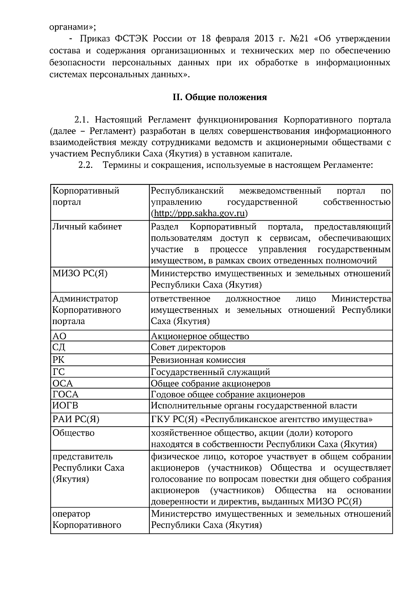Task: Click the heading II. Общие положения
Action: (x=220, y=97)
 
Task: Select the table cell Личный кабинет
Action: (x=87, y=227)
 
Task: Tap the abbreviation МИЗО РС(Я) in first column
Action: (x=80, y=273)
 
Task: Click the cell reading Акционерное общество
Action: (x=200, y=336)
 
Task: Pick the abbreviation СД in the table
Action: (x=59, y=347)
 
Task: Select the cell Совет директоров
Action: (x=188, y=347)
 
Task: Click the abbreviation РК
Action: (x=59, y=360)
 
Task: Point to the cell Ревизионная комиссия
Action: (x=198, y=360)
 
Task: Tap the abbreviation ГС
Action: (x=59, y=372)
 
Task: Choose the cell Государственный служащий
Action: (x=210, y=372)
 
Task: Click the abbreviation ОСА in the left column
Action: (x=63, y=383)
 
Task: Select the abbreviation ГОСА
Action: (x=66, y=394)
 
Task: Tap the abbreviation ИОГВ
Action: (x=65, y=406)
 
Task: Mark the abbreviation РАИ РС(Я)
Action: (x=76, y=419)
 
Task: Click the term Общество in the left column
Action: (x=73, y=433)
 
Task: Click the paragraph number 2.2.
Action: (x=85, y=165)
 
